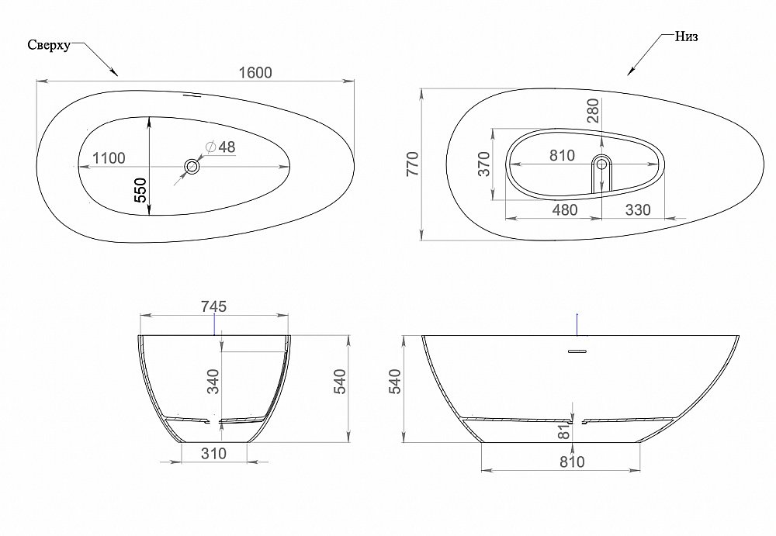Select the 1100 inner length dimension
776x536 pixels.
click(x=109, y=158)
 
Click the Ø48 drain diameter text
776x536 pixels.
click(x=220, y=147)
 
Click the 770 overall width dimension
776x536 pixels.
click(x=412, y=164)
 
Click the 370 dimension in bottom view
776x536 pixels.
click(x=484, y=164)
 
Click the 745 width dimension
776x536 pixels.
click(x=213, y=307)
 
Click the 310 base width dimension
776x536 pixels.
click(x=213, y=453)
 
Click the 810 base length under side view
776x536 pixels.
click(x=570, y=462)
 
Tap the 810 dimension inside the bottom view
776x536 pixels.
click(x=562, y=156)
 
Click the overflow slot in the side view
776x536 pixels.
click(x=577, y=351)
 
